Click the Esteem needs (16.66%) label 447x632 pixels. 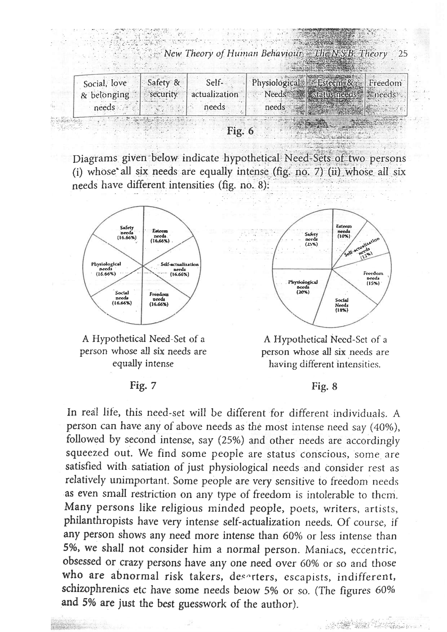click(160, 236)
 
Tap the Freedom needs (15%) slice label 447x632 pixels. click(373, 278)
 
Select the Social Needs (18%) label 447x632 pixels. click(342, 305)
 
